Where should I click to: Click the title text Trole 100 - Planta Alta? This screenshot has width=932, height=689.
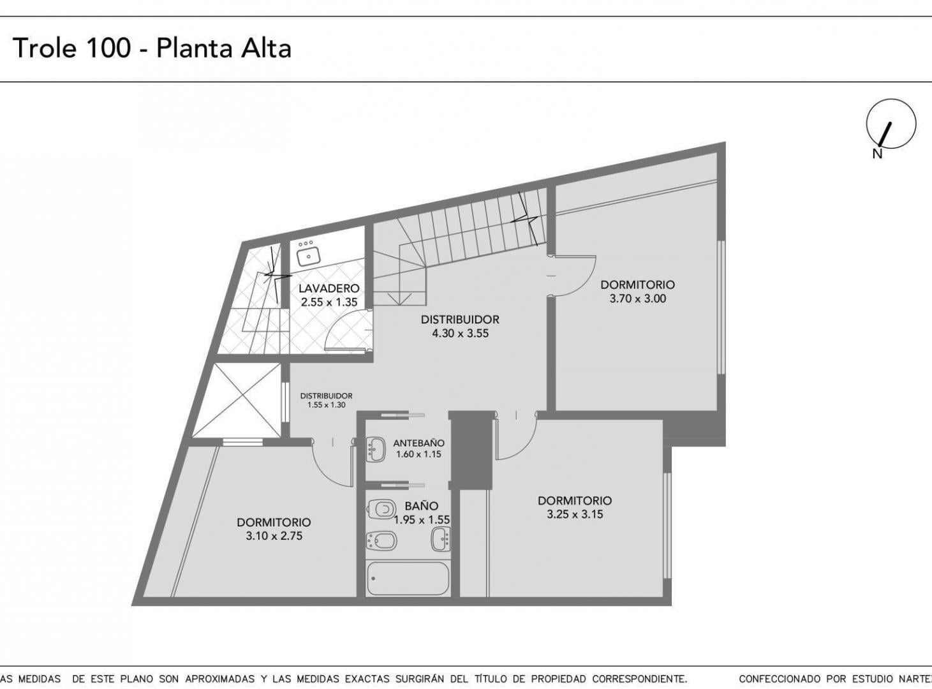(x=152, y=48)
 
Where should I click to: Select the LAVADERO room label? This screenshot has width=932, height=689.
(x=329, y=288)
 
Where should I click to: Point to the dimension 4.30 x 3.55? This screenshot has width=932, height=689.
(x=461, y=334)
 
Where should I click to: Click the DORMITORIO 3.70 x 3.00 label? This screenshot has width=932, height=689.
(x=637, y=292)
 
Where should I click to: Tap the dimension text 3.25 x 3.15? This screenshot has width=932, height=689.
(x=575, y=514)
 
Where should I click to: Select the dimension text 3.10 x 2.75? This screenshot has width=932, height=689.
(x=274, y=536)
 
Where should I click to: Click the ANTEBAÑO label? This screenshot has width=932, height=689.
(x=418, y=443)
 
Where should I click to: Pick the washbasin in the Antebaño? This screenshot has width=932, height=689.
(x=376, y=450)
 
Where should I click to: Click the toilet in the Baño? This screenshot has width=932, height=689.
(x=380, y=510)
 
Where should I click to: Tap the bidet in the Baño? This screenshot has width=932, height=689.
(x=381, y=542)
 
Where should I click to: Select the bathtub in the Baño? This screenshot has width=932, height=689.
(x=408, y=579)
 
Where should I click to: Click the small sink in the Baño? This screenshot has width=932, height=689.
(x=441, y=539)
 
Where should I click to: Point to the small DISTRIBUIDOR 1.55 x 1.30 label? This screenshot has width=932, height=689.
(x=326, y=400)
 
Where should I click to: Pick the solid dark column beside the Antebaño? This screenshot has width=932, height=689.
(x=471, y=450)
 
